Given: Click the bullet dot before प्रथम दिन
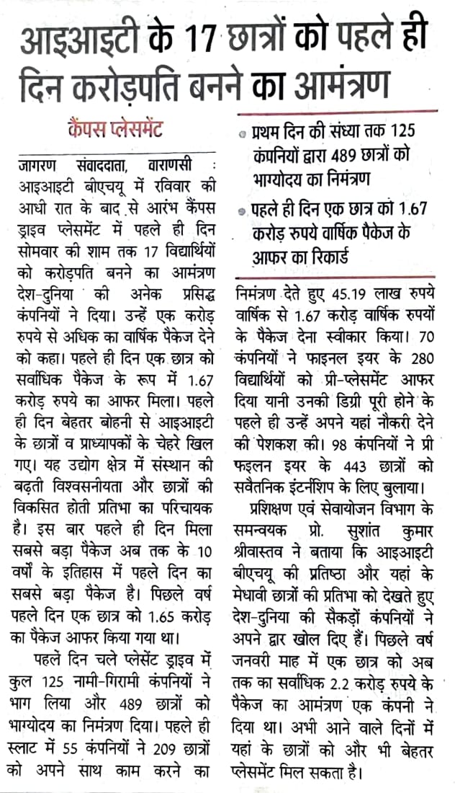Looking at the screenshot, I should click(x=245, y=135).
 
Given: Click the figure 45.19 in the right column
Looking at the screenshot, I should click(x=355, y=294).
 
